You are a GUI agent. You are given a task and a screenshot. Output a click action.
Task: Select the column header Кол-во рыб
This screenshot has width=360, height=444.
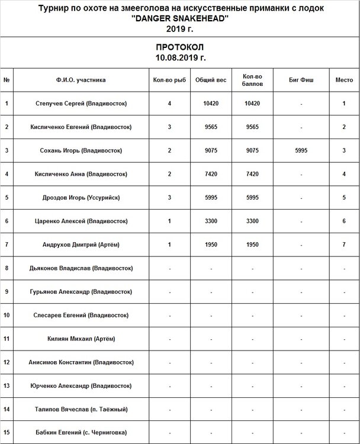[x=169, y=81]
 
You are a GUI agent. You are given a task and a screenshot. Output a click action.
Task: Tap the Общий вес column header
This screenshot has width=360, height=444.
[x=211, y=81]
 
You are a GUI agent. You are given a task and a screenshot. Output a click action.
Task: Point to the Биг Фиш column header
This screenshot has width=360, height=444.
[x=301, y=81]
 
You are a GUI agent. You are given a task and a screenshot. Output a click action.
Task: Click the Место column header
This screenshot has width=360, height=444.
[x=343, y=81]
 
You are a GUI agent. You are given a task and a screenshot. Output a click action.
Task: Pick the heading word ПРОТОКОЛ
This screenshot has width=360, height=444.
[x=180, y=47]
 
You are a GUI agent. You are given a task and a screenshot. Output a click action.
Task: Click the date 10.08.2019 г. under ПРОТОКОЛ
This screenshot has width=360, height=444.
[x=180, y=57]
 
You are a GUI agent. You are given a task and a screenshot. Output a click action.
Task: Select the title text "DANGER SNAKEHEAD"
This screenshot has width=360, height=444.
[x=179, y=19]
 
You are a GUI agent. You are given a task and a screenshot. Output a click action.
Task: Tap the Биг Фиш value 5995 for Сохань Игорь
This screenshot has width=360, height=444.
[x=301, y=150]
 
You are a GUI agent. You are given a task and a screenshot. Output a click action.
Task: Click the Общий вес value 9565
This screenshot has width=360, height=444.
[x=211, y=127]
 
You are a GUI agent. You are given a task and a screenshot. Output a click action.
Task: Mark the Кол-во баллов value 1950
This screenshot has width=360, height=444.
[x=253, y=244]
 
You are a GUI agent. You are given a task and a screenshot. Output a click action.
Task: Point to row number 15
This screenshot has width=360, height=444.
[x=7, y=432]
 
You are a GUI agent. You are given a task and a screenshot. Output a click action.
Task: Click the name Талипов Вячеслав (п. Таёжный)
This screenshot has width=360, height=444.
[x=82, y=409]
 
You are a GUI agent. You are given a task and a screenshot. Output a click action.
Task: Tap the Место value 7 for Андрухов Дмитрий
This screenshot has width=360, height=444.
[x=343, y=244]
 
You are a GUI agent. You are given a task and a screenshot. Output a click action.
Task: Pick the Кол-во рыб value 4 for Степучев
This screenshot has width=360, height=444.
[x=169, y=104]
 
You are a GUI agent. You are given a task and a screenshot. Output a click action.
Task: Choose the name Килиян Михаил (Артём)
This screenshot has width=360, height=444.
[x=82, y=339]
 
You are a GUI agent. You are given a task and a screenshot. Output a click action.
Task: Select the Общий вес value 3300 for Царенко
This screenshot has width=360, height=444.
[x=211, y=221]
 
